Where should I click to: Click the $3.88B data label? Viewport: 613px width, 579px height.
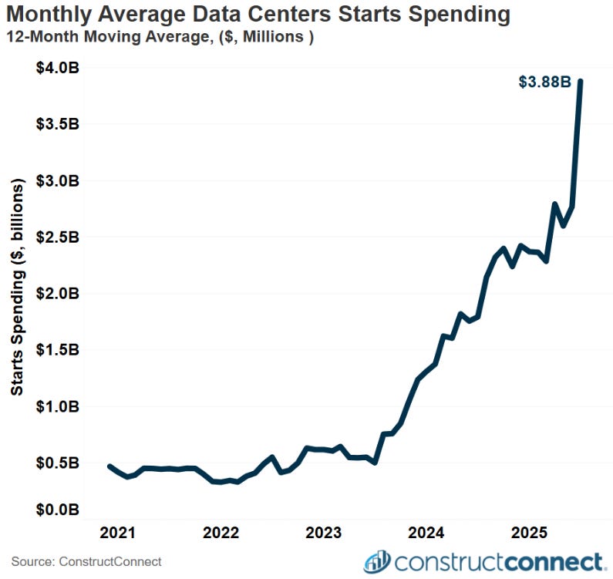tap(544, 82)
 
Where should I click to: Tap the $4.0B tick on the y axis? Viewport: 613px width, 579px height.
tap(58, 68)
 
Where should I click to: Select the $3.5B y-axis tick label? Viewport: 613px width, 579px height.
tap(58, 124)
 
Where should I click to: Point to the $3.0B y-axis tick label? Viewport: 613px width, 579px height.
tap(58, 180)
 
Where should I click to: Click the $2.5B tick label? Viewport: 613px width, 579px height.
tap(58, 237)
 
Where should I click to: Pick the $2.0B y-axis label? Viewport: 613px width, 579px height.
tap(58, 293)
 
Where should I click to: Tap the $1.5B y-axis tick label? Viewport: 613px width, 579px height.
tap(58, 349)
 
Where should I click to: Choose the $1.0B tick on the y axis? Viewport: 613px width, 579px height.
tap(58, 406)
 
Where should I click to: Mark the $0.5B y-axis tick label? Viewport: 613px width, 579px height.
tap(58, 463)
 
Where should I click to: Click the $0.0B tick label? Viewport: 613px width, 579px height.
tap(58, 510)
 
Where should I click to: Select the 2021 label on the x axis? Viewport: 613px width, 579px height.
tap(118, 533)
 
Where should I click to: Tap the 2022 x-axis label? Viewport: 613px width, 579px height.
tap(221, 533)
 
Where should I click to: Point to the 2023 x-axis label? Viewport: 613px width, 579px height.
tap(325, 533)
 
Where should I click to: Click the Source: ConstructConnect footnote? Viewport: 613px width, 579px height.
tap(86, 562)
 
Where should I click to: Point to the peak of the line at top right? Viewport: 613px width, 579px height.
tap(580, 81)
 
